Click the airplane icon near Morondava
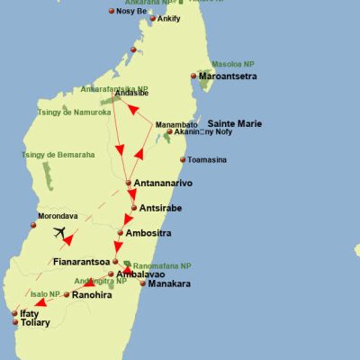pyautogui.click(x=60, y=234)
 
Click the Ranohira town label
pyautogui.click(x=93, y=294)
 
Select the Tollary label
pyautogui.click(x=36, y=322)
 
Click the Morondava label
pyautogui.click(x=57, y=216)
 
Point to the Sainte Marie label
pyautogui.click(x=235, y=123)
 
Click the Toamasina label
pyautogui.click(x=210, y=160)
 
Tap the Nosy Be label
pyautogui.click(x=131, y=12)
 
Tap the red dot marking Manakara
pyautogui.click(x=142, y=283)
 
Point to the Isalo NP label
pyautogui.click(x=44, y=294)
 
